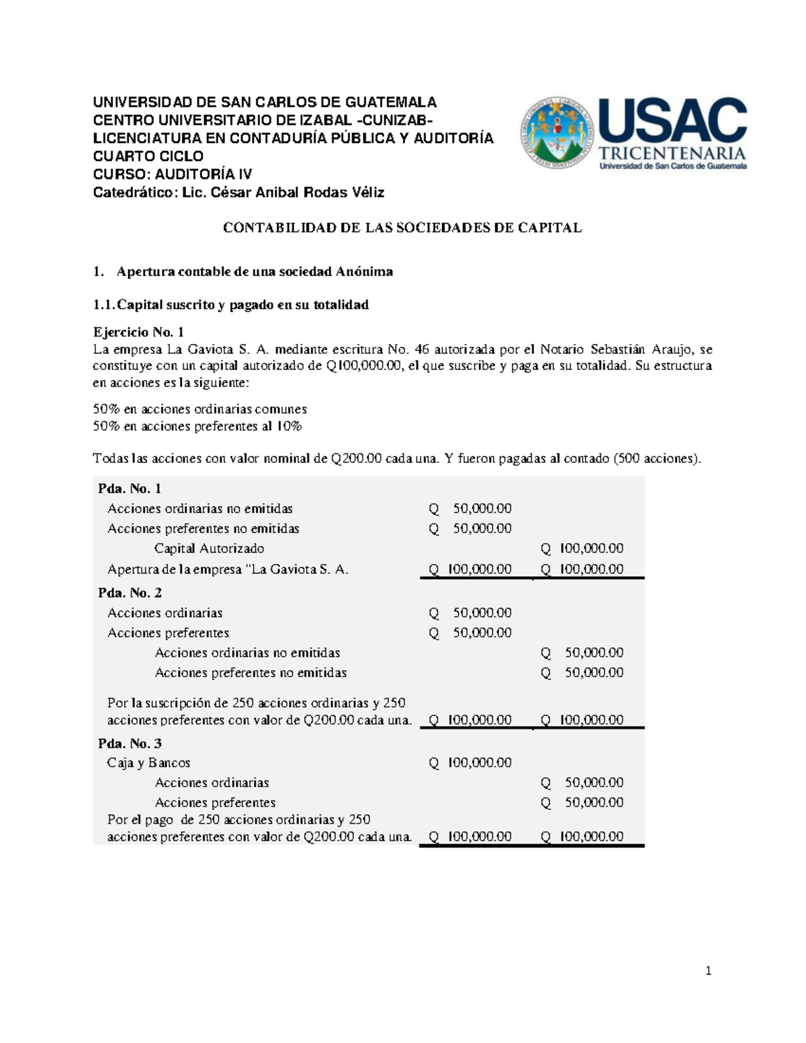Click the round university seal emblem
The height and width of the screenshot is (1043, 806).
(557, 132)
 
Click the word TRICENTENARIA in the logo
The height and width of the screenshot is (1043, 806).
(672, 152)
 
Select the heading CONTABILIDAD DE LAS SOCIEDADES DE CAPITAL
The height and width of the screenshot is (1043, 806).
(402, 228)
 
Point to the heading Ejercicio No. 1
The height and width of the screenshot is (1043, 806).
(138, 332)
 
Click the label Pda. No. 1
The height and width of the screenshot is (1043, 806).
(130, 488)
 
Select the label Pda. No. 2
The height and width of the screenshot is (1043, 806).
(130, 592)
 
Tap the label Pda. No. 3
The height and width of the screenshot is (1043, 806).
(130, 743)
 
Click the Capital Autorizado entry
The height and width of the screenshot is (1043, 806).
(209, 549)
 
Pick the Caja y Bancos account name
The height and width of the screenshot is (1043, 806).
(148, 763)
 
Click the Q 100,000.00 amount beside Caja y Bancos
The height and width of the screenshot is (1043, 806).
(471, 763)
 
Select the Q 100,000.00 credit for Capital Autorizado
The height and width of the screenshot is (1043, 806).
(582, 549)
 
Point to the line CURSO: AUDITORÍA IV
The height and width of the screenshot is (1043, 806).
(172, 175)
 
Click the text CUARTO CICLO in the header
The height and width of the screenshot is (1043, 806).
(148, 156)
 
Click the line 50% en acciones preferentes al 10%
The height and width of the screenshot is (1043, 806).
(197, 426)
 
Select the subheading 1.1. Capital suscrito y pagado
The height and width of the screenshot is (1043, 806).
(231, 305)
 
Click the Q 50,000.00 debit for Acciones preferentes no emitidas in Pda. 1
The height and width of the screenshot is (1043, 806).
(471, 529)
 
